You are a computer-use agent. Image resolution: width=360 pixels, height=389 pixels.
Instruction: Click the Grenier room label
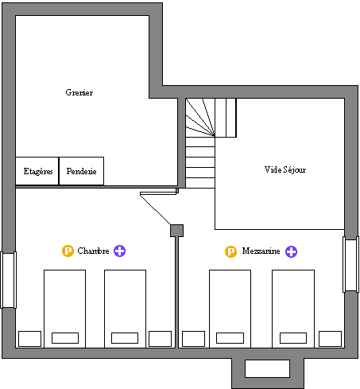[79, 92]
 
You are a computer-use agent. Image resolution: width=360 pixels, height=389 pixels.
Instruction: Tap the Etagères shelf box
[37, 171]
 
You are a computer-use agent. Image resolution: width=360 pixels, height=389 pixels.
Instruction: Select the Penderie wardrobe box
[81, 171]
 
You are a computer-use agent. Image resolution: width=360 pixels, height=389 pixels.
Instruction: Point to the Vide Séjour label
[285, 169]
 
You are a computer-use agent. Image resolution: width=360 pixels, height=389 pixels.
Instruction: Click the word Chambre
[93, 251]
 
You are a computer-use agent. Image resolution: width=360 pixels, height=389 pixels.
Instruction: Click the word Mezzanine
[261, 251]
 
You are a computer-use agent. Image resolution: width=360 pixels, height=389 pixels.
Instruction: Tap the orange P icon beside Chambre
[68, 251]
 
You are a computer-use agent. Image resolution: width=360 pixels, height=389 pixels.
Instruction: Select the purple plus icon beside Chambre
[119, 251]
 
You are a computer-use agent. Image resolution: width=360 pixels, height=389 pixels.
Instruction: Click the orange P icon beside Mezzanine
[230, 251]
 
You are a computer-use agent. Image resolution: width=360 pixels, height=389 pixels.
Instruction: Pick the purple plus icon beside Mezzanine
[291, 251]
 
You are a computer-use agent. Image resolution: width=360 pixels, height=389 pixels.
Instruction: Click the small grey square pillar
[176, 231]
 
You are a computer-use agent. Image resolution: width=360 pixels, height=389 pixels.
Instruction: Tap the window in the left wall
[8, 280]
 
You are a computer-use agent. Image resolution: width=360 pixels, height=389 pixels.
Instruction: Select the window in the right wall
[351, 265]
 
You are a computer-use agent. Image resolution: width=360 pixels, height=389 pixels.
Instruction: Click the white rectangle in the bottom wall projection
[267, 368]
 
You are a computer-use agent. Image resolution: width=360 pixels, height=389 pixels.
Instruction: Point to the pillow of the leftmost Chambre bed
[65, 338]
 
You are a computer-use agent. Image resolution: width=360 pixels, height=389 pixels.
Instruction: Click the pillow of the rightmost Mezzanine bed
[293, 338]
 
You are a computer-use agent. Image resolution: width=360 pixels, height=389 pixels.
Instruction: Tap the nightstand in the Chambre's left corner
[29, 339]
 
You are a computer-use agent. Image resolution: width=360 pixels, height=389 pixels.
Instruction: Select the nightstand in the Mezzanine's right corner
[330, 339]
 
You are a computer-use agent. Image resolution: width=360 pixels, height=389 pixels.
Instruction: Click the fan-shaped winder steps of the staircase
[200, 118]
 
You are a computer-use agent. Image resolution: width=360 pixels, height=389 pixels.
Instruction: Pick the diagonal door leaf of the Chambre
[155, 209]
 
